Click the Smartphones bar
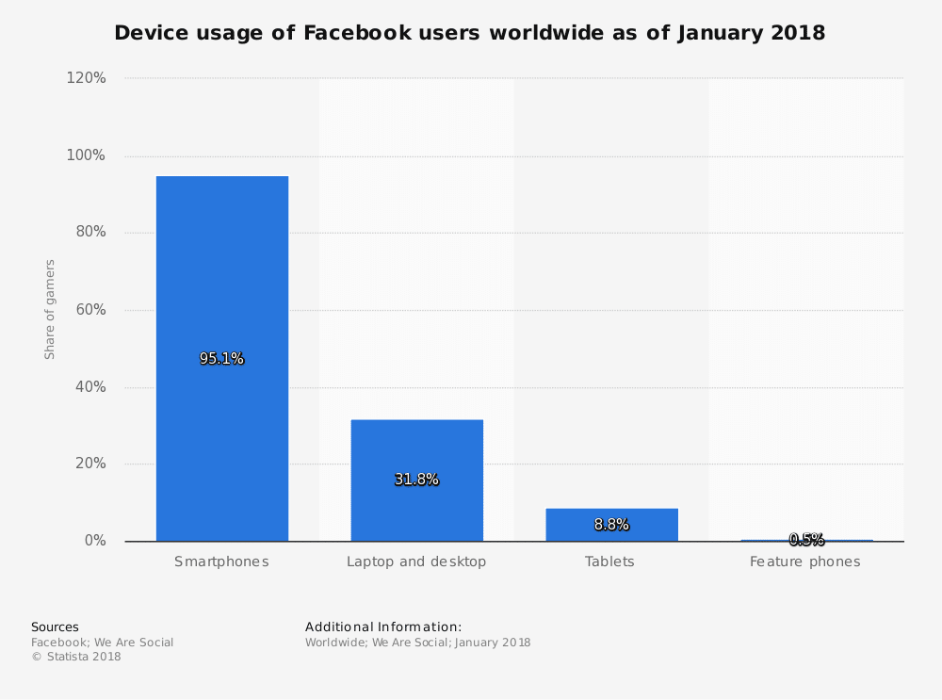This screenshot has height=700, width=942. click(x=222, y=283)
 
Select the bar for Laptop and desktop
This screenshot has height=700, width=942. click(x=416, y=443)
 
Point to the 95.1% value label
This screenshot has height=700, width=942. click(x=221, y=359)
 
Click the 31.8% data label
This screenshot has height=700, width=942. click(x=416, y=480)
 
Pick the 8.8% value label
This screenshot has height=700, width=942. click(x=611, y=525)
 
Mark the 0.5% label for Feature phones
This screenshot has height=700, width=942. click(x=806, y=540)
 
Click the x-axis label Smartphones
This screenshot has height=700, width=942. click(x=221, y=562)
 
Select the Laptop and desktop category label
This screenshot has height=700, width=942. click(x=416, y=562)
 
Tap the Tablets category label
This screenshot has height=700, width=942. click(x=610, y=562)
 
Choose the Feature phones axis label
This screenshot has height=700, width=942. click(x=805, y=562)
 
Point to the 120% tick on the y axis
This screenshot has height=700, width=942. click(x=86, y=78)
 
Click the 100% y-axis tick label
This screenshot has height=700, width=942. click(x=86, y=155)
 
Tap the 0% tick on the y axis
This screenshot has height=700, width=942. click(x=95, y=541)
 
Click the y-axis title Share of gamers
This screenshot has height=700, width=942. click(x=50, y=309)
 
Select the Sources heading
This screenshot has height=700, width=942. click(x=55, y=627)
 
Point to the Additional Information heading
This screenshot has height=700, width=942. click(x=383, y=627)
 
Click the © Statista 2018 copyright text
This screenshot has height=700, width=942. click(x=76, y=658)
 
